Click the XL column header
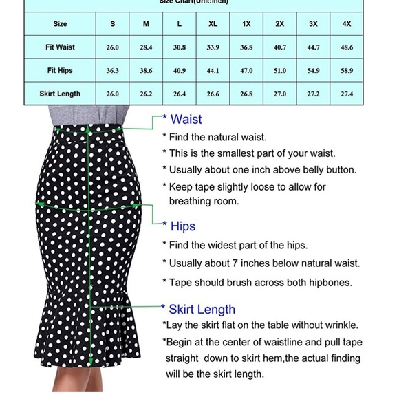[x=213, y=24]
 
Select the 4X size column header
[x=346, y=24]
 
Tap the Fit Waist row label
[x=61, y=47]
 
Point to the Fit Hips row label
[x=61, y=71]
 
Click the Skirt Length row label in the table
[x=61, y=94]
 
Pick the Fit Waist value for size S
[x=113, y=47]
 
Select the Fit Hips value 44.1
[x=213, y=71]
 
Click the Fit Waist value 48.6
[x=346, y=47]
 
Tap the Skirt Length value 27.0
[x=280, y=94]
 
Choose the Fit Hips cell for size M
[x=146, y=71]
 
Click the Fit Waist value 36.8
[x=246, y=47]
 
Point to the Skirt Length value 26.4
[x=180, y=94]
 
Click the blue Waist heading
[x=186, y=120]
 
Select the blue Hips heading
[x=182, y=226]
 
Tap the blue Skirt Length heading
[x=202, y=310]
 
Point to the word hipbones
[x=329, y=282]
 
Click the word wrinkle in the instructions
[x=338, y=325]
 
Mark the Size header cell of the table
[x=61, y=24]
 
